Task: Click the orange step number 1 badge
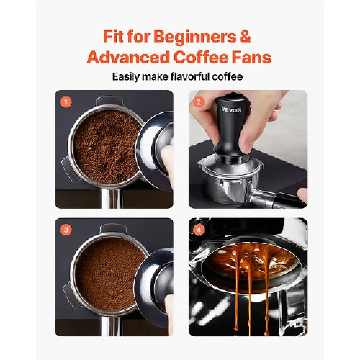[x=66, y=102]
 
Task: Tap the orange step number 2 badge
[x=199, y=102]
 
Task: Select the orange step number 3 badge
[x=66, y=230]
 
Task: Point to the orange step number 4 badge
[x=199, y=230]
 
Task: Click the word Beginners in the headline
[x=195, y=37]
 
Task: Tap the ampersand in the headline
[x=246, y=36]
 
